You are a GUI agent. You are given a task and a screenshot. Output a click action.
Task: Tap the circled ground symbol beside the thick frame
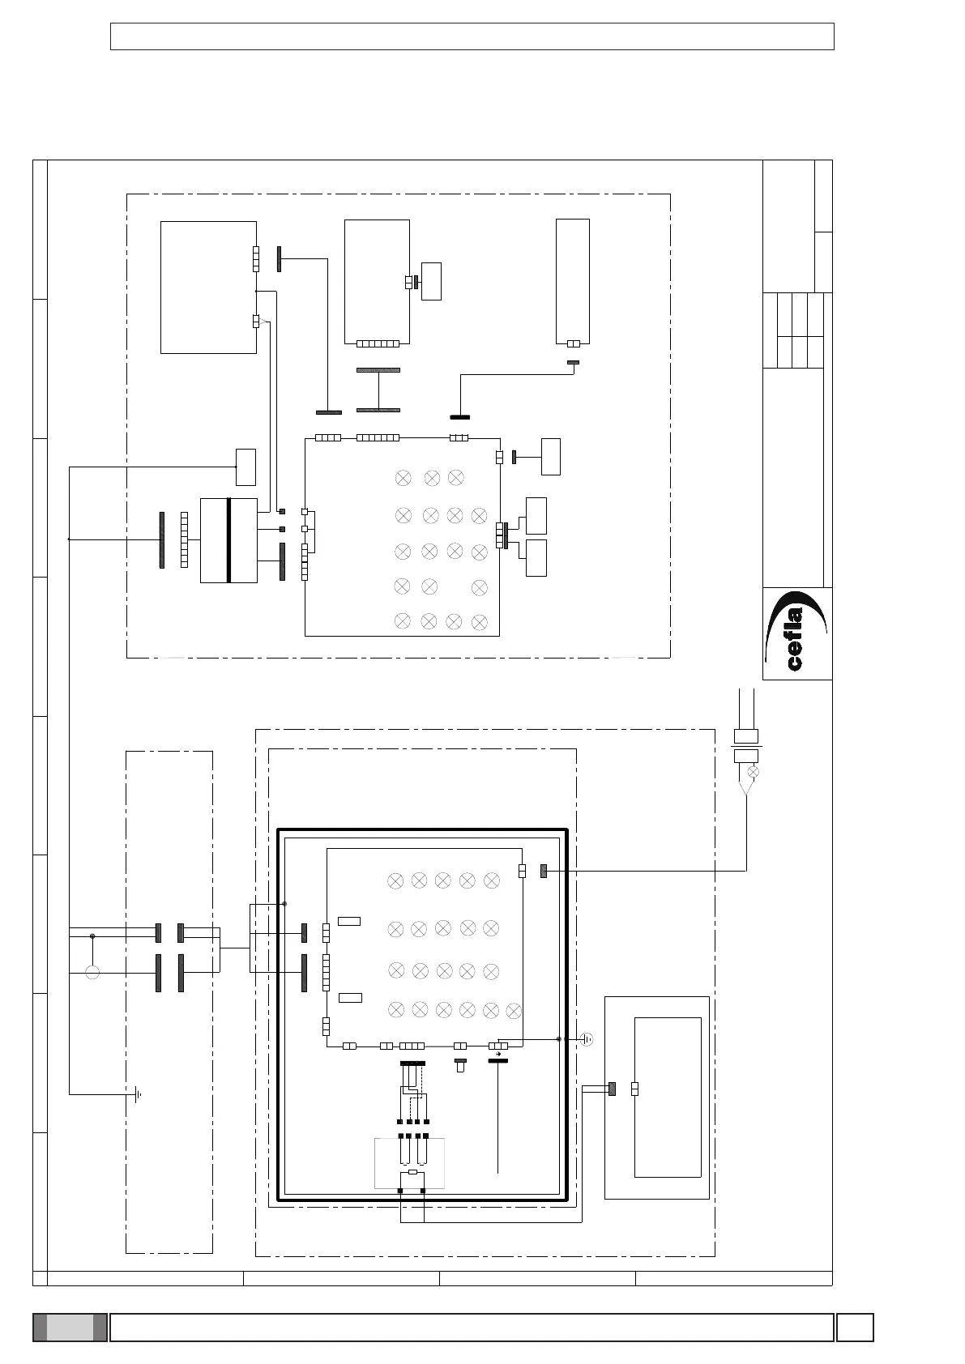pos(586,1039)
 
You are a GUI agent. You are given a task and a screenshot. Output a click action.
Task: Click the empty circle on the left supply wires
pos(92,973)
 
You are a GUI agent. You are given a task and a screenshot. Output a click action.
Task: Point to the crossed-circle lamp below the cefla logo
pos(753,772)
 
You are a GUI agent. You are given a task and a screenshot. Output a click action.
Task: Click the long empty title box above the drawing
pos(472,36)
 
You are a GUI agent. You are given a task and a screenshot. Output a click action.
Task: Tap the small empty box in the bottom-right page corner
pos(855,1327)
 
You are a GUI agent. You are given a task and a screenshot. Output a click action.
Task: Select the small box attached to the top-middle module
pos(431,281)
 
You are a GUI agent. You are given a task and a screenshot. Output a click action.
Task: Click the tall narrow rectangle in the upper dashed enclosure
pos(573,281)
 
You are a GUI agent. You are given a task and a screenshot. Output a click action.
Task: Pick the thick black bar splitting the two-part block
pos(229,540)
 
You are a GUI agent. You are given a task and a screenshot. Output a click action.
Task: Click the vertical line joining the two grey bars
pos(378,390)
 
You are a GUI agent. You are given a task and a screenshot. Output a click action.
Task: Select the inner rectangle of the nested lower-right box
pos(668,1098)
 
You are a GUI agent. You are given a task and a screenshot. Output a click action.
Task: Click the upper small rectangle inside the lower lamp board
pos(349,921)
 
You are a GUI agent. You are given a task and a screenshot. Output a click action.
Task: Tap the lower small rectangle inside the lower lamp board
pos(350,997)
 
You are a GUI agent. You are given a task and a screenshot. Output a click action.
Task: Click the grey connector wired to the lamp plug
pos(544,872)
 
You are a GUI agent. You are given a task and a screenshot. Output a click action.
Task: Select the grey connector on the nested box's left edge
pos(612,1089)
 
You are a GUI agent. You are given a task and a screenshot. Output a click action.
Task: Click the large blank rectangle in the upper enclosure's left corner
pos(208,288)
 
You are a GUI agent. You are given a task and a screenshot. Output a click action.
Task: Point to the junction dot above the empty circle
pos(92,936)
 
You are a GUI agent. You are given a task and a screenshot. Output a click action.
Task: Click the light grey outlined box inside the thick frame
pos(409,1163)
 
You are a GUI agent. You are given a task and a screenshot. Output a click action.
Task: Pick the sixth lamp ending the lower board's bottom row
pos(514,1012)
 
